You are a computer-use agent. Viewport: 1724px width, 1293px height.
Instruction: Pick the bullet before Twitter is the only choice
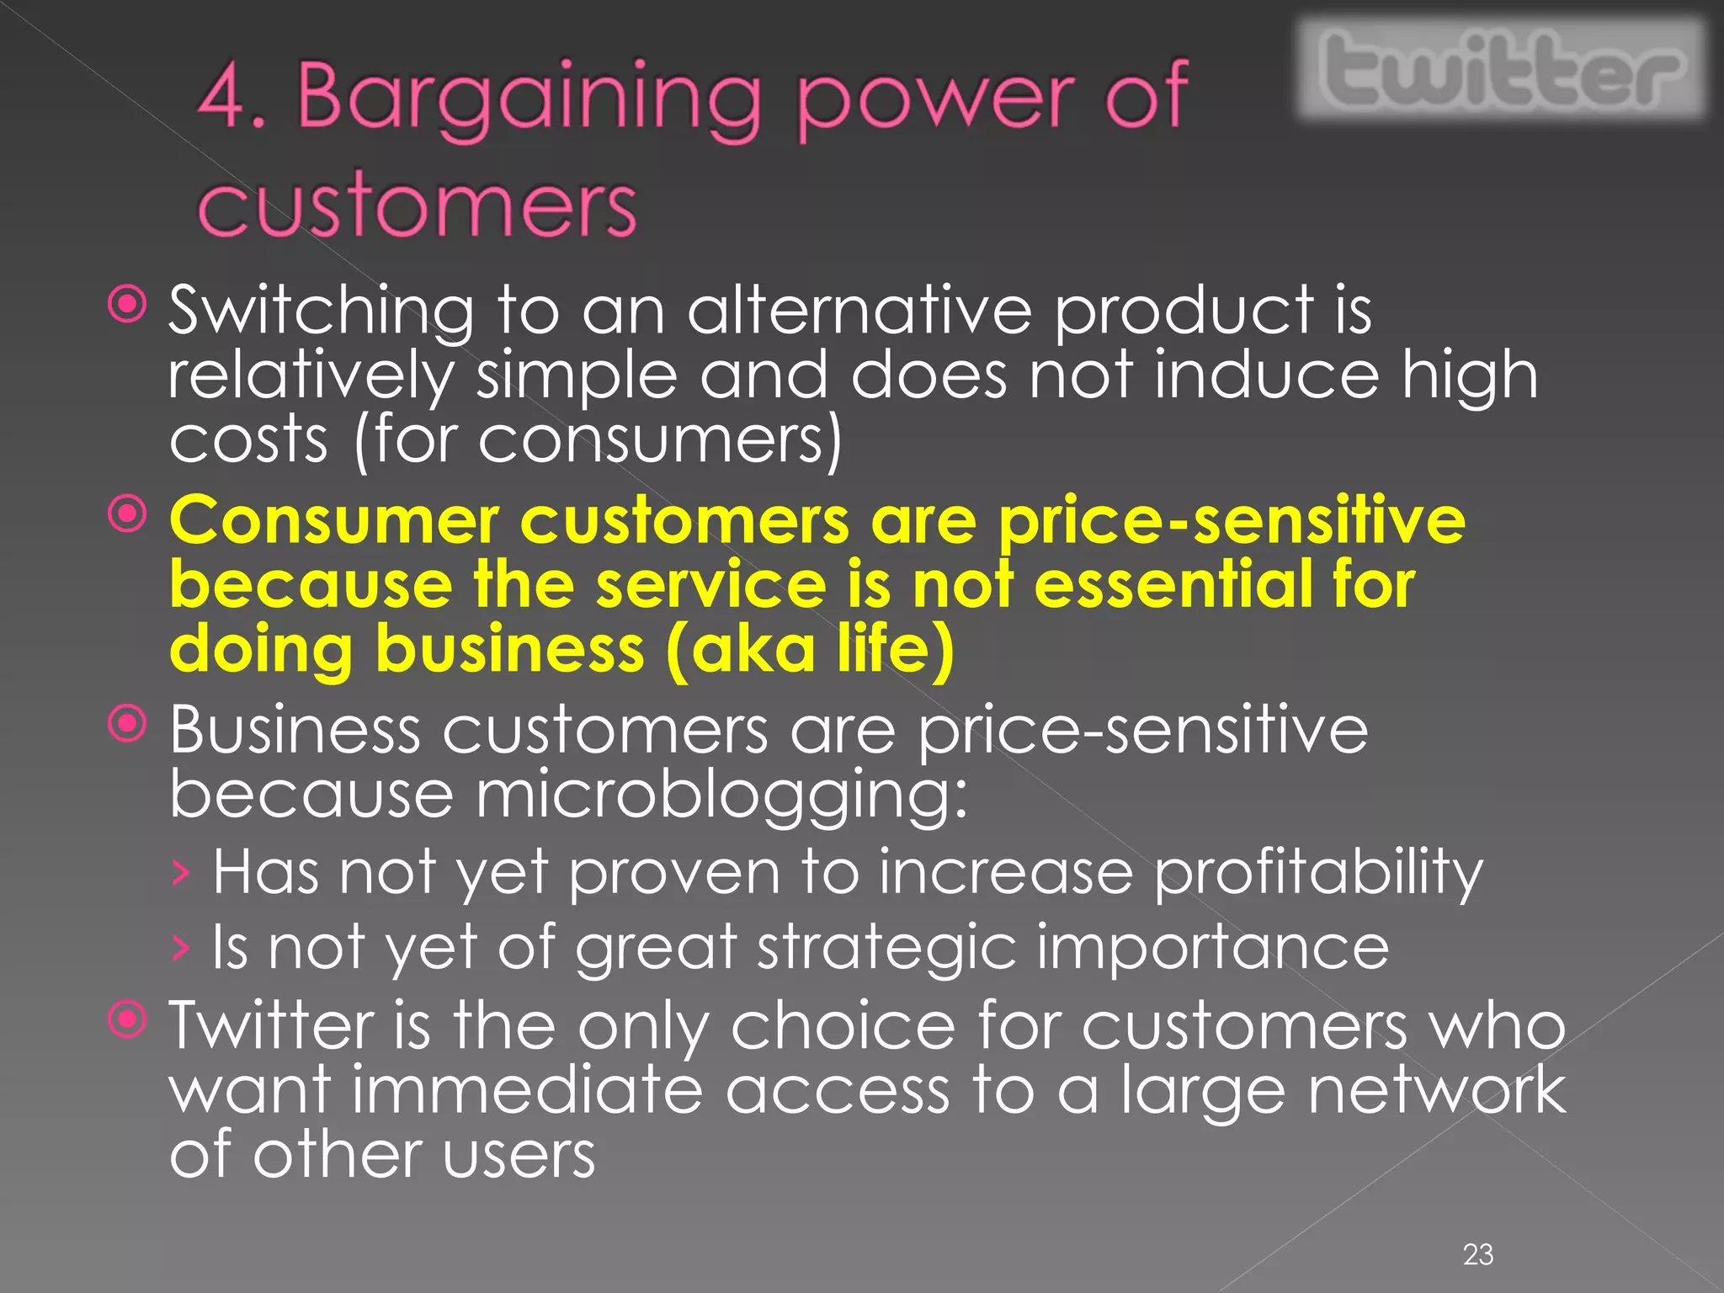(128, 1020)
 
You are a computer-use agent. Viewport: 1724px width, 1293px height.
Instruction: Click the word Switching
(321, 312)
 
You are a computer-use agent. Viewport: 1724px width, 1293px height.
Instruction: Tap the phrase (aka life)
(811, 649)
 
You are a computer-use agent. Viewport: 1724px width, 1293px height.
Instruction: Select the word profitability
(1318, 874)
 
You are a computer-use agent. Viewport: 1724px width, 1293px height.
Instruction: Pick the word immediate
(526, 1091)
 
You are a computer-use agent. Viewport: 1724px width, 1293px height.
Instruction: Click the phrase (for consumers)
(598, 440)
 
